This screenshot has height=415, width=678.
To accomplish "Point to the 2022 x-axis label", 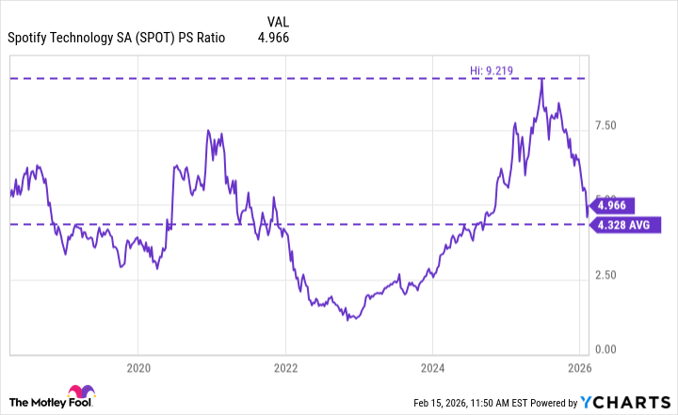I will [x=285, y=366].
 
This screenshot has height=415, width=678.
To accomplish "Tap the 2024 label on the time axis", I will [x=432, y=366].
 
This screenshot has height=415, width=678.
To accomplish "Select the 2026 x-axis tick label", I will [x=579, y=366].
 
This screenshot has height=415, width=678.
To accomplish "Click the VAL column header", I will [x=278, y=20].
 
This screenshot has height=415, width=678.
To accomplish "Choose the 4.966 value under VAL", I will [x=273, y=39].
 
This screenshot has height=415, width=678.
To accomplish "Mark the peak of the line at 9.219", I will [x=541, y=79].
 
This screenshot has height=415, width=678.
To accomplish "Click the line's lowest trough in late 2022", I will [x=349, y=319].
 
